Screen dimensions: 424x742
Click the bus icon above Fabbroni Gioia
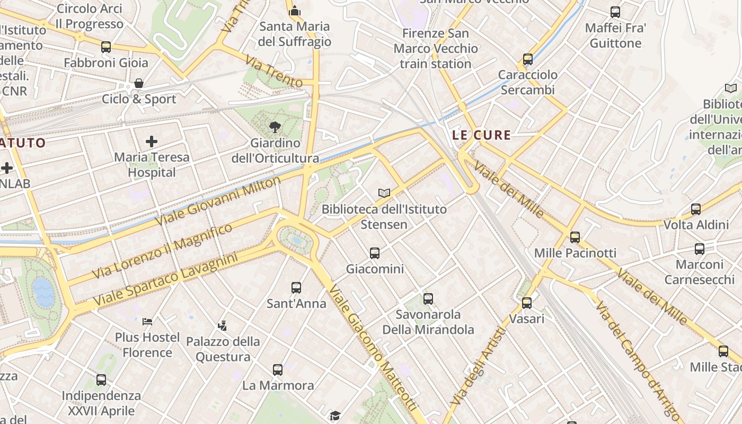coord(106,47)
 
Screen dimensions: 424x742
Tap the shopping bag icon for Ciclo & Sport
coord(139,83)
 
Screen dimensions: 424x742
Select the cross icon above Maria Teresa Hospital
coord(152,141)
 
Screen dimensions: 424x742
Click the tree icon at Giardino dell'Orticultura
coord(275,127)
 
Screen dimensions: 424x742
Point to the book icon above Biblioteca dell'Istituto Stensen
coord(384,193)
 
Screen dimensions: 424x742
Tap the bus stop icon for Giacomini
coord(375,253)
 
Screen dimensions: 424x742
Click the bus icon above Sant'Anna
coord(296,288)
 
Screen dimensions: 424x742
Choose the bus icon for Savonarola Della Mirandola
coord(428,298)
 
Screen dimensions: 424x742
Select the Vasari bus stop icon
coord(526,303)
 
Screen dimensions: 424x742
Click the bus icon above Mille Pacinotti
coord(575,237)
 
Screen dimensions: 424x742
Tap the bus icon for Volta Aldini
coord(696,209)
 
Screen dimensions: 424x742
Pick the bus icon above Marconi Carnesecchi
coord(700,249)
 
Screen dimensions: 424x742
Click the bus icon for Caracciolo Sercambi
coord(528,59)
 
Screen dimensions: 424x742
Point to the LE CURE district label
coord(482,135)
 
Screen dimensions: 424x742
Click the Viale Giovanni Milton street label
coord(218,201)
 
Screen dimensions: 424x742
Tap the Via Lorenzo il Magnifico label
coord(163,251)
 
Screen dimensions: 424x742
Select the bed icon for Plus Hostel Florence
coord(147,321)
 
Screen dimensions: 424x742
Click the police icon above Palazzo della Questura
coord(223,325)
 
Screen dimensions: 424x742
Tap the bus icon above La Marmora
coord(278,369)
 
